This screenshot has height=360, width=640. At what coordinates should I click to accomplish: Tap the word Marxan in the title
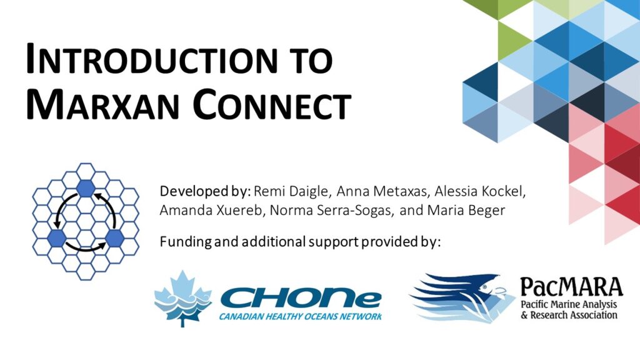coord(102,104)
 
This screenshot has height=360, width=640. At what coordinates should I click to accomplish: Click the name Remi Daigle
coord(291,191)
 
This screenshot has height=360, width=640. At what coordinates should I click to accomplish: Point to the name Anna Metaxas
coord(381,191)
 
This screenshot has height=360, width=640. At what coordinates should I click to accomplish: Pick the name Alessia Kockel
coord(479,191)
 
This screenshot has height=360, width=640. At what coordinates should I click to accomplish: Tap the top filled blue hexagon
coord(86,188)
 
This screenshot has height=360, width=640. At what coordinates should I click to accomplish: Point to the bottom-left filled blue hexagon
coord(57,238)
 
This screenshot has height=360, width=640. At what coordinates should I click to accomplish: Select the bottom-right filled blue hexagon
coord(115,238)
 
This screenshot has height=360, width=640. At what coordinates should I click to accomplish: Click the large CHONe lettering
coord(301,299)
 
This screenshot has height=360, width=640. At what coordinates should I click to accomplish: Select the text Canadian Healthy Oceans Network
coord(301,316)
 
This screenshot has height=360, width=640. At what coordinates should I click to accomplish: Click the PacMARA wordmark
coord(571,287)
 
